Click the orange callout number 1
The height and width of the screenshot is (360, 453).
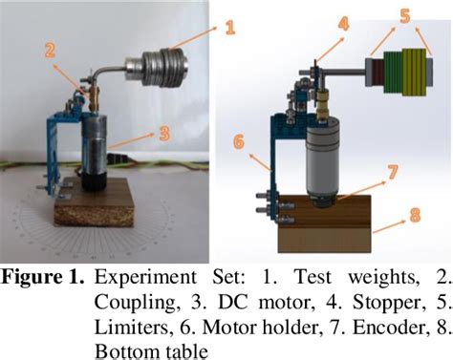point(228,28)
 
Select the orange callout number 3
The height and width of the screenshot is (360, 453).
point(163,134)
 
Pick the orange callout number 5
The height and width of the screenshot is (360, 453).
point(404,16)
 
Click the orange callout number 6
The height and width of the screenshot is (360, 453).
point(239,141)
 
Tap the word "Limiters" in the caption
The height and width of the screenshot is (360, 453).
point(130,328)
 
